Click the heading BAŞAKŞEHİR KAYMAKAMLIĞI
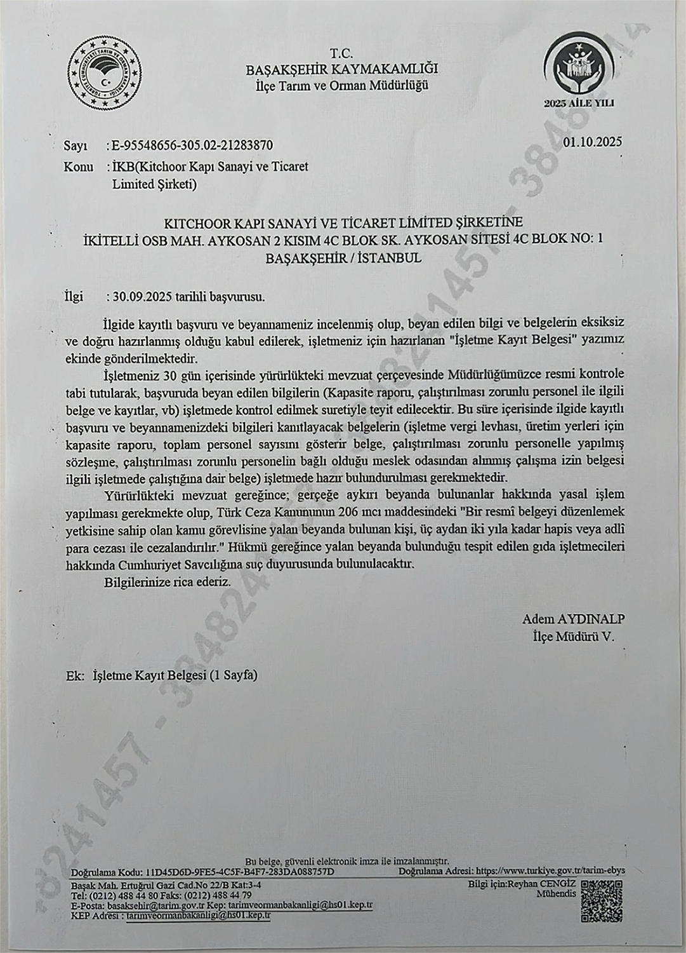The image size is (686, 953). (341, 70)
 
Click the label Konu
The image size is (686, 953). (78, 167)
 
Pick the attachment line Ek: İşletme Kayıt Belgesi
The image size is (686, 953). (162, 675)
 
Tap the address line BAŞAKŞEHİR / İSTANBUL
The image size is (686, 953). (343, 259)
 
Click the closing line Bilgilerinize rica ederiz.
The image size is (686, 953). (168, 581)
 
